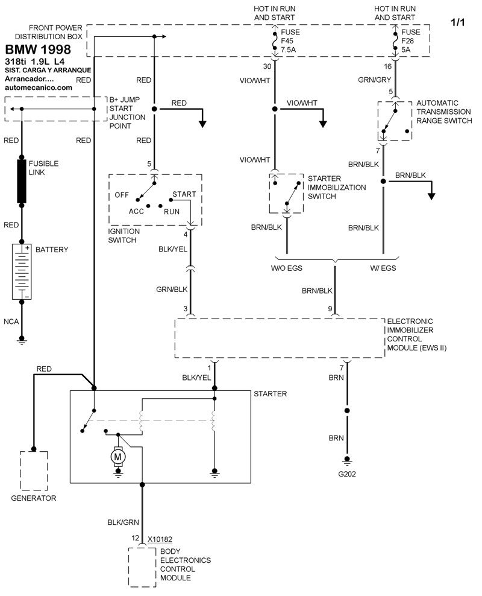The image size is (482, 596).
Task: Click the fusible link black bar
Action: [x=22, y=181]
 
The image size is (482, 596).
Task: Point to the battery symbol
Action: [x=22, y=271]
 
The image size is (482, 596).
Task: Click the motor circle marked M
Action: [x=117, y=458]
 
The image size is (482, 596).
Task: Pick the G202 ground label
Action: [x=346, y=474]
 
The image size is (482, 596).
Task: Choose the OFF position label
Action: [x=122, y=195]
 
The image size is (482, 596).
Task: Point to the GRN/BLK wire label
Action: [x=172, y=290]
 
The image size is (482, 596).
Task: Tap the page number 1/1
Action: [x=459, y=23]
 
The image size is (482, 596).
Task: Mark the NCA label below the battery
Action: [x=11, y=322]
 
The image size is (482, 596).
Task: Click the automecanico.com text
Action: [x=39, y=87]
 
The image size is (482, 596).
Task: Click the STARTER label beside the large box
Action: [x=271, y=394]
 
